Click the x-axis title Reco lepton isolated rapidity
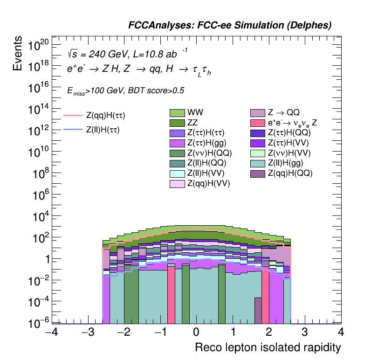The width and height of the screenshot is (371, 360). tap(268, 348)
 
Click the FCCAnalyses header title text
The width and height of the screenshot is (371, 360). tap(230, 26)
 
